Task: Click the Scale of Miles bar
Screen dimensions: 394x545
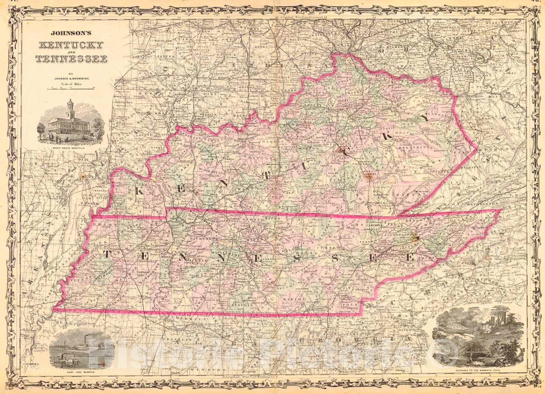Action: point(71,88)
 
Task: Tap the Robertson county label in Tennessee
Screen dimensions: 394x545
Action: point(225,221)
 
